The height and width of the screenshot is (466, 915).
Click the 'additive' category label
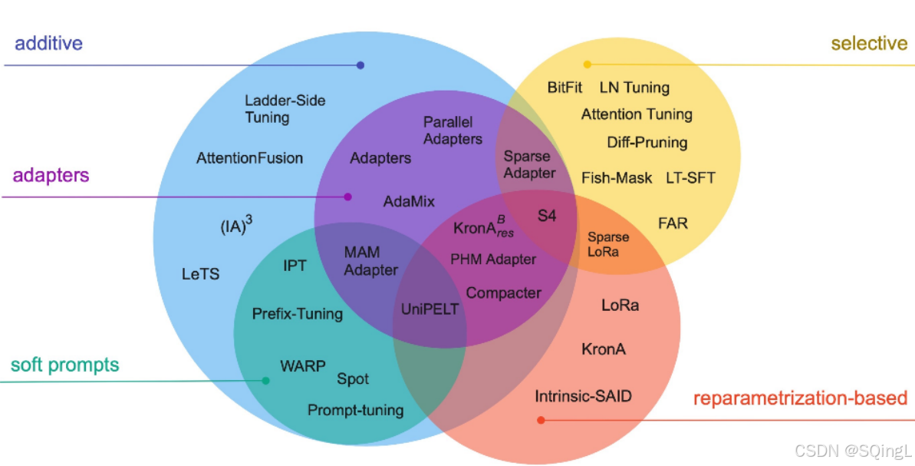(48, 43)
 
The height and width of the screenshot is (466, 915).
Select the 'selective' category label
(869, 43)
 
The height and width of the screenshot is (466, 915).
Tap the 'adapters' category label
(51, 175)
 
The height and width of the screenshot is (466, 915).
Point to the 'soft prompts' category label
(65, 365)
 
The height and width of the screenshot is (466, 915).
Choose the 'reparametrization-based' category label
(800, 398)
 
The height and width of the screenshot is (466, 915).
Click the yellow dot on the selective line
(588, 64)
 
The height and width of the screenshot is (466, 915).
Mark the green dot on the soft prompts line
(265, 381)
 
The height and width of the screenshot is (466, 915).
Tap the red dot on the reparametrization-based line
(541, 420)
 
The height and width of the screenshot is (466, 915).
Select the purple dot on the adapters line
(347, 197)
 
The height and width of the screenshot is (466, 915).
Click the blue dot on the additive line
(360, 65)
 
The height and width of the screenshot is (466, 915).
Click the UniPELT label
(430, 309)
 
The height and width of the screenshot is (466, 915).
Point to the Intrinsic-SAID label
(583, 397)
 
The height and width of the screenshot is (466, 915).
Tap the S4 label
(546, 216)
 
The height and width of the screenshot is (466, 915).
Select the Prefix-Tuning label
(298, 314)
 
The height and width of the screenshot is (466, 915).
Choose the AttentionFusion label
(249, 158)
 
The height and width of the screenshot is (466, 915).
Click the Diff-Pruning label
(647, 142)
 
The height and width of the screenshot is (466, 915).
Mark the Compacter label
(503, 292)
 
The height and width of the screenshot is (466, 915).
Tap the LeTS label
(201, 273)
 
